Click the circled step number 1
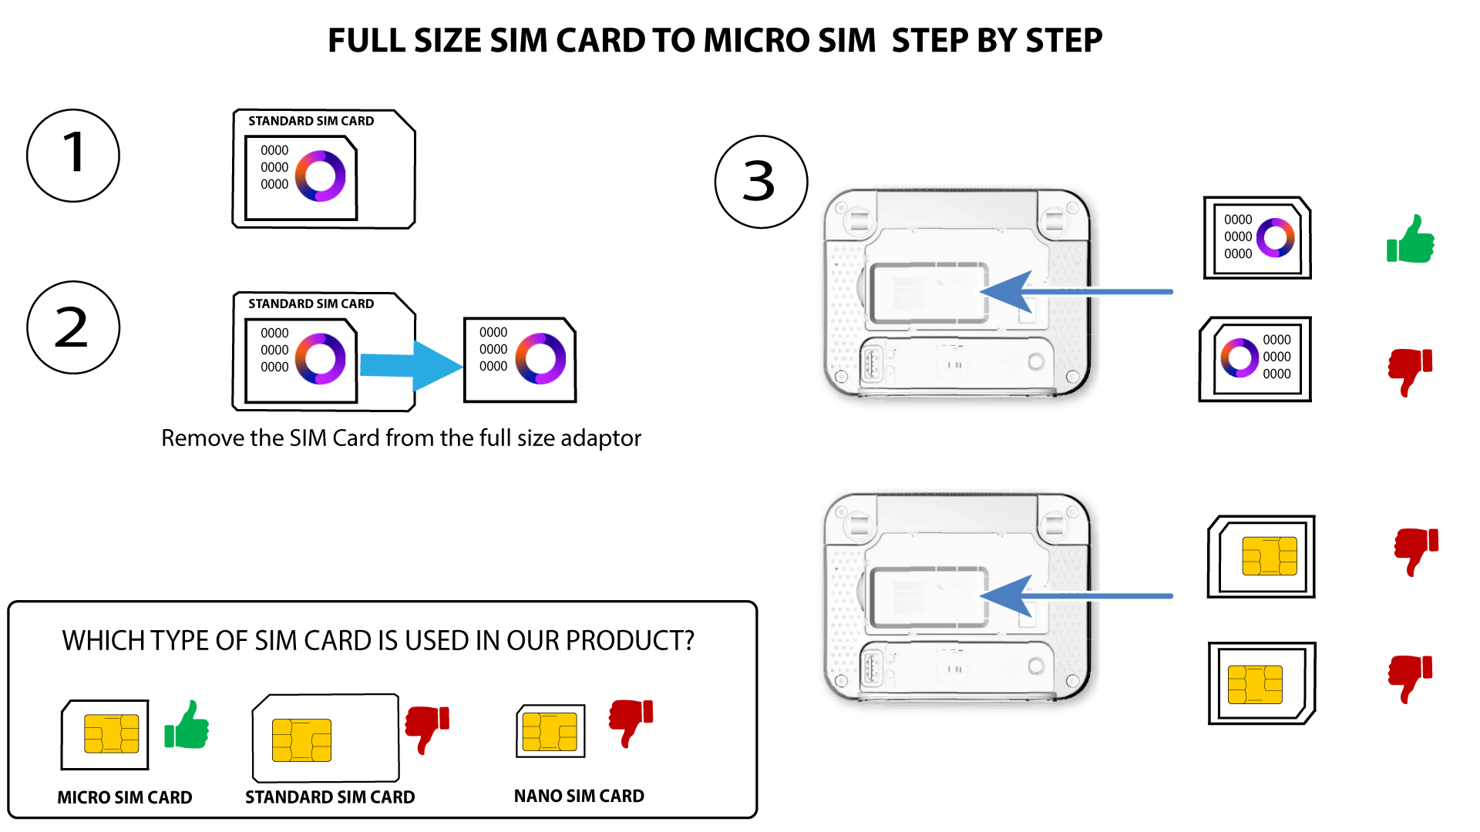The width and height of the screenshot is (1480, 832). pyautogui.click(x=73, y=156)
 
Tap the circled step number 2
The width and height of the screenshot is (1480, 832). pyautogui.click(x=73, y=327)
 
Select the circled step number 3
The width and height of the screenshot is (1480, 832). pyautogui.click(x=761, y=182)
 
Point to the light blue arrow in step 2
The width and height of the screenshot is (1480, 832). pyautogui.click(x=411, y=365)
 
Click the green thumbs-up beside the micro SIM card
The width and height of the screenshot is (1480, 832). pyautogui.click(x=187, y=725)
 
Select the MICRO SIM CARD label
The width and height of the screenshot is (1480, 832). pyautogui.click(x=125, y=797)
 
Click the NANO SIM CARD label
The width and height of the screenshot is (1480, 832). pyautogui.click(x=579, y=796)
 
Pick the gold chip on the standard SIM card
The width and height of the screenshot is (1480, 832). pyautogui.click(x=301, y=740)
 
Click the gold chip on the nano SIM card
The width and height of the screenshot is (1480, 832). pyautogui.click(x=550, y=732)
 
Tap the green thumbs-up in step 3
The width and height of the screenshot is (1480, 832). pyautogui.click(x=1410, y=239)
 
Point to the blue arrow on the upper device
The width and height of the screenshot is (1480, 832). pyautogui.click(x=1077, y=292)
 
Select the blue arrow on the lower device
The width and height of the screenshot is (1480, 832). pyautogui.click(x=1077, y=596)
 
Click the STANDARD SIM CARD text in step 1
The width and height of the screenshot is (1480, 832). pyautogui.click(x=311, y=121)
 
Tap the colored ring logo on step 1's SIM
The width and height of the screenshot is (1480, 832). pyautogui.click(x=321, y=176)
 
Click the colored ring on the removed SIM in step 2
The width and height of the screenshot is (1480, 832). pyautogui.click(x=540, y=358)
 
